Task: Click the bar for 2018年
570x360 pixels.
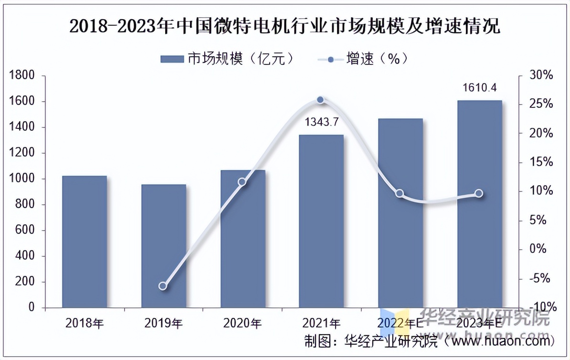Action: (84, 242)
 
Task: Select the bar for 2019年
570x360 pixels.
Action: (163, 246)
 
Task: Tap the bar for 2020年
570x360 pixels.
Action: (243, 239)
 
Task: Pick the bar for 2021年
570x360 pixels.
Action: (321, 221)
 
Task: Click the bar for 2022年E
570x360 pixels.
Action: (400, 213)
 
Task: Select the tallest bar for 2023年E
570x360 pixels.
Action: (479, 204)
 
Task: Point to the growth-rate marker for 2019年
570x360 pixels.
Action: (163, 286)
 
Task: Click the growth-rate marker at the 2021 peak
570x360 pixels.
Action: (321, 100)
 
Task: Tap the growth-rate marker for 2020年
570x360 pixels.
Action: (242, 182)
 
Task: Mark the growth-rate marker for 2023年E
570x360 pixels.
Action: (479, 193)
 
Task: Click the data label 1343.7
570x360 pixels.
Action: (321, 123)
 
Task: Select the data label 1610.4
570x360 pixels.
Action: (480, 88)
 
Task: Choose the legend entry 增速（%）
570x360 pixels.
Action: (363, 59)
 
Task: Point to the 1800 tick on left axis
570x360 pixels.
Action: (22, 75)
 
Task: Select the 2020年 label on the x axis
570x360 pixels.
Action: (243, 323)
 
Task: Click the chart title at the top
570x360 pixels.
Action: (285, 26)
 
